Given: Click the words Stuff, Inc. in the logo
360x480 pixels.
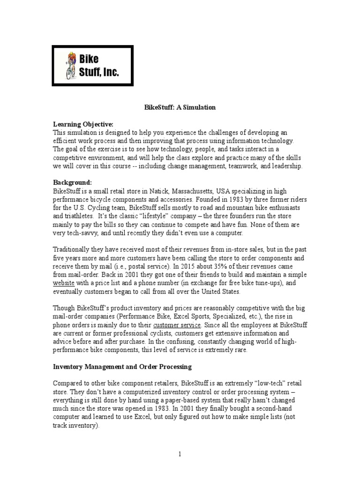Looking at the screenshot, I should (99, 72).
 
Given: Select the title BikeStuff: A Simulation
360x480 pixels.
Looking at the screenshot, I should (180, 107).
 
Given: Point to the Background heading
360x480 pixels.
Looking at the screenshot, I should (73, 182).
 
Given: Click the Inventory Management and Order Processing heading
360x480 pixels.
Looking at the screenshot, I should (123, 366).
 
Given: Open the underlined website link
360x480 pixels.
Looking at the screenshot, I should (63, 284).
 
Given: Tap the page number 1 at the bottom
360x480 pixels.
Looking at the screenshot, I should (180, 453).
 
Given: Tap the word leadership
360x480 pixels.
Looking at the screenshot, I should (288, 166).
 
